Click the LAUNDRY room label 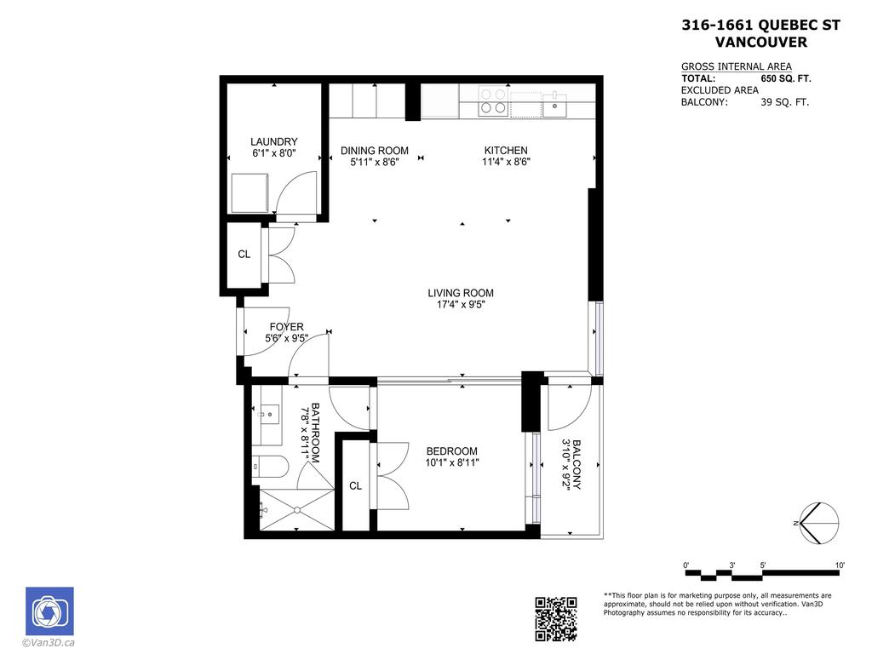pos(273,141)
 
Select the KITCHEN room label pos(506,151)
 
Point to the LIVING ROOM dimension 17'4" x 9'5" pos(461,305)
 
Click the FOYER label pos(286,327)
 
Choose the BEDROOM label pos(451,451)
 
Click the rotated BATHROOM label pos(315,433)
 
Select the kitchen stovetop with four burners pos(492,101)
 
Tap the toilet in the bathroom pos(268,467)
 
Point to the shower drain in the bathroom pos(296,510)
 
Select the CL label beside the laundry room pos(244,254)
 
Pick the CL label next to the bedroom pos(355,486)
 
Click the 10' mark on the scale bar pos(840,565)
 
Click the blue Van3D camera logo pos(49,611)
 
